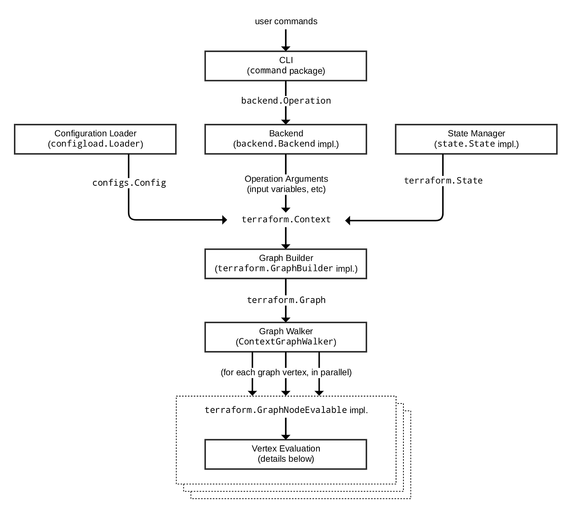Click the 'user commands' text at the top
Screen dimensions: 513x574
coord(286,21)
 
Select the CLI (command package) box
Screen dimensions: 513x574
coord(286,66)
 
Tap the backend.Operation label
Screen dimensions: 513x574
coord(286,101)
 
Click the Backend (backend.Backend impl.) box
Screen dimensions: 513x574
coord(286,139)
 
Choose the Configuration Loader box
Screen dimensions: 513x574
coord(95,139)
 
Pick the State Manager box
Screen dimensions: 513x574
coord(476,139)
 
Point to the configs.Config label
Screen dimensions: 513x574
coord(129,183)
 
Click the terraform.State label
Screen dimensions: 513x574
coord(443,181)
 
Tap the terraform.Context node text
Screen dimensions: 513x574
coord(286,220)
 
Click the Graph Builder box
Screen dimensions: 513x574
coord(286,264)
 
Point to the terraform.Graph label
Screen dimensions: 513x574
coord(286,300)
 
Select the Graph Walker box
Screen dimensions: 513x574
coord(286,337)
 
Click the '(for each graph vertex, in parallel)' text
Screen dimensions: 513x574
coord(286,373)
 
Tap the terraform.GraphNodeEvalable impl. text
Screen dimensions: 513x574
coord(286,410)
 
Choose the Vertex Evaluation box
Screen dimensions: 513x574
coord(286,454)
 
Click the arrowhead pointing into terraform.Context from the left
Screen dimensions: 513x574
coord(224,220)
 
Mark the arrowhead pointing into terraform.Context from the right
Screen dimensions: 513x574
coord(348,221)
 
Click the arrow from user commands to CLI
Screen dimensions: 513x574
coord(286,41)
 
